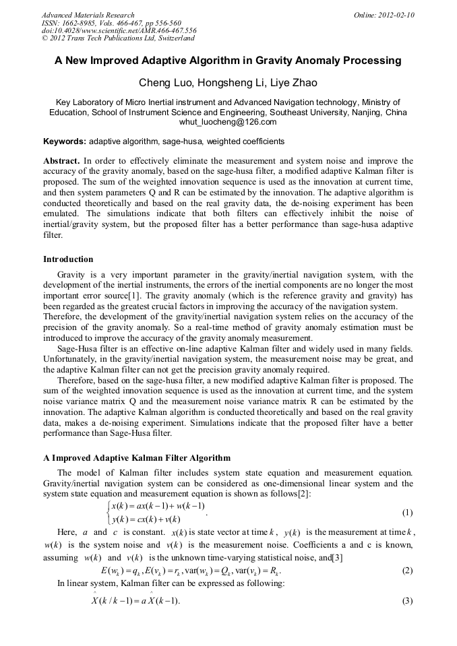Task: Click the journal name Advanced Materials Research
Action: (88, 15)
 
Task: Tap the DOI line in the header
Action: (119, 30)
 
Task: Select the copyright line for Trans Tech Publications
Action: (118, 38)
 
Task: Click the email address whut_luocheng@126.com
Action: (228, 122)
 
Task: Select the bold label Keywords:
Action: (65, 141)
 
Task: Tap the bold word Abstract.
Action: (61, 161)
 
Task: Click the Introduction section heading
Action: (68, 259)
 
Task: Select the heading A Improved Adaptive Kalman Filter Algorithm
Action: (137, 458)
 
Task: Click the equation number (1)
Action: (406, 512)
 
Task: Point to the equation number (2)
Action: (406, 571)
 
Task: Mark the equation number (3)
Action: (406, 601)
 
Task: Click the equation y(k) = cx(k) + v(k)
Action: (146, 519)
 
